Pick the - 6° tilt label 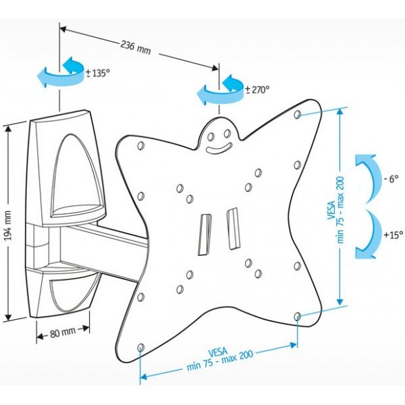(391, 180)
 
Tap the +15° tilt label (392, 235)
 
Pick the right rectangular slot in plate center (233, 228)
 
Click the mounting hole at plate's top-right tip (298, 116)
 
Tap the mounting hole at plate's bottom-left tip (140, 348)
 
